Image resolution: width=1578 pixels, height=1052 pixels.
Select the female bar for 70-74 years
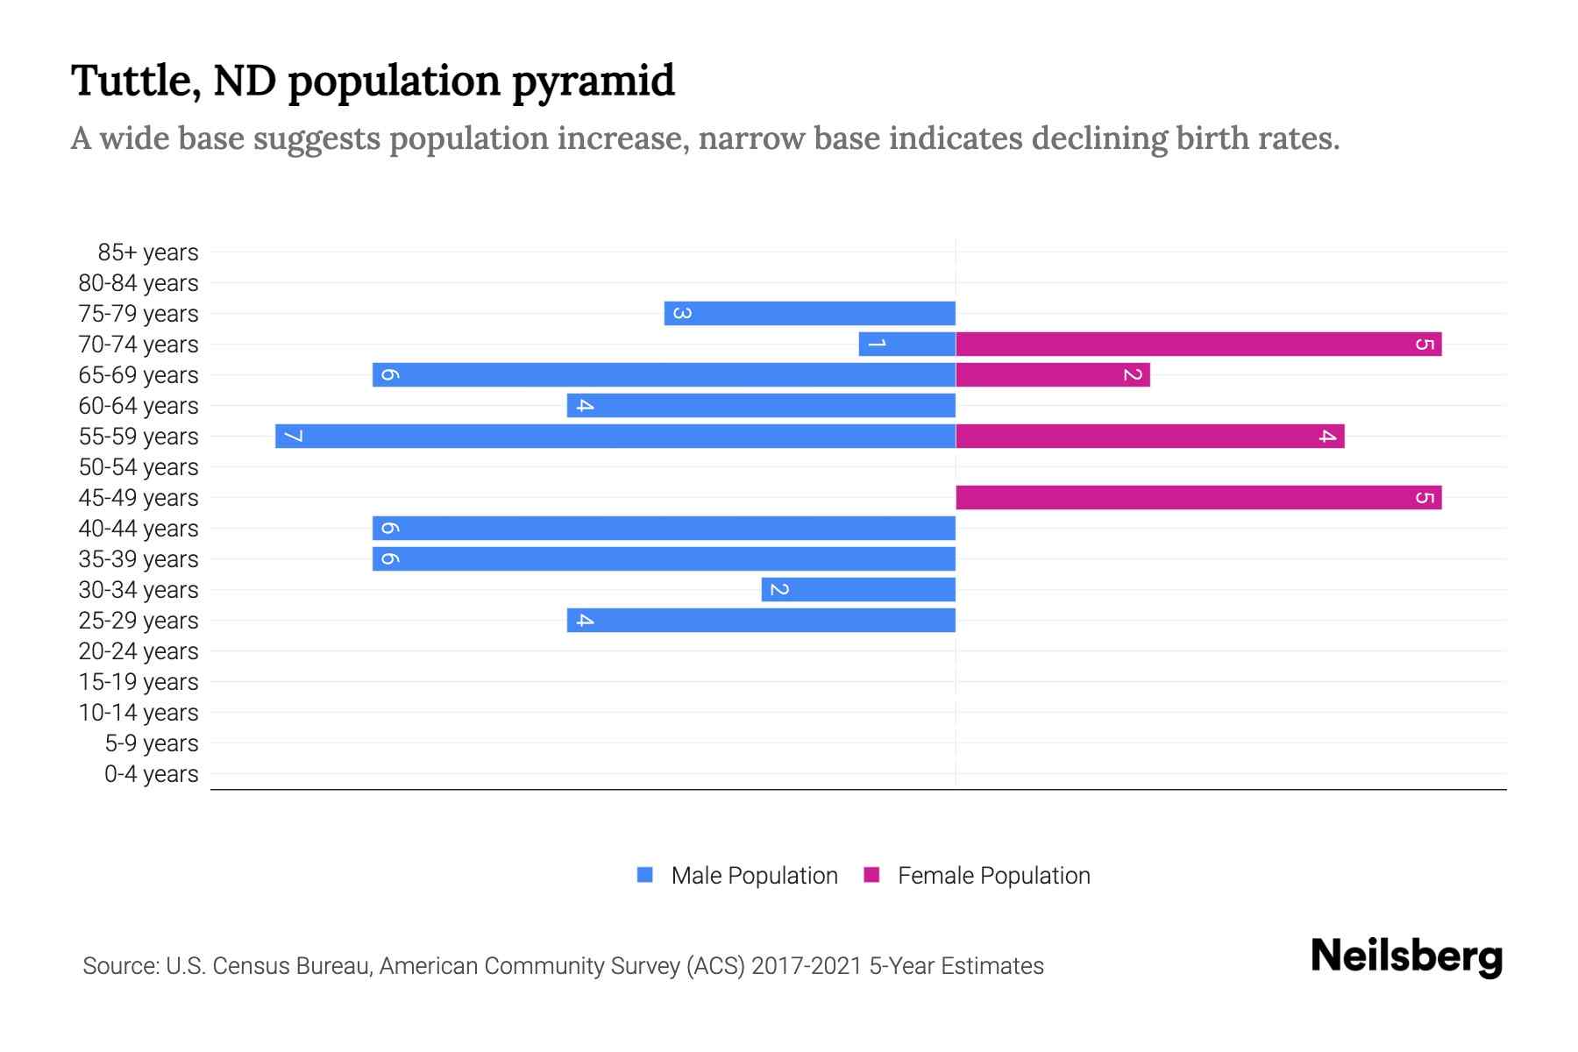coord(1198,344)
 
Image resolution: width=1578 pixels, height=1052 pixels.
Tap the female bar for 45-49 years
coord(1198,497)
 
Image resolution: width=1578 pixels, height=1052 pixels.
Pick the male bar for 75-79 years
coord(809,313)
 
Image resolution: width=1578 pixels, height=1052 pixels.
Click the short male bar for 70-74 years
coord(907,344)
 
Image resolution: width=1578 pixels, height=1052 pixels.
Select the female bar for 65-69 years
coord(1052,374)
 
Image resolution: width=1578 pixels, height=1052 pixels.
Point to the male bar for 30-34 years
coord(858,589)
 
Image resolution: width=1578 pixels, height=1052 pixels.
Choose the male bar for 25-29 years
coord(761,620)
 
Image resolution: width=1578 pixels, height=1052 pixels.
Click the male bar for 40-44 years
coord(664,528)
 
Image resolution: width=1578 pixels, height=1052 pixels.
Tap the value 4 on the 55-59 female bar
coord(1327,436)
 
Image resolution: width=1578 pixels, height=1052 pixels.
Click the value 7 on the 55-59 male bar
coord(294,436)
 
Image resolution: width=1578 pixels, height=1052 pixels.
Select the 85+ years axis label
coord(148,252)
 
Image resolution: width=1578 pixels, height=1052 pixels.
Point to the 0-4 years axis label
coord(151,774)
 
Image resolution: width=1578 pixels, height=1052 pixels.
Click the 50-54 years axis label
coord(139,467)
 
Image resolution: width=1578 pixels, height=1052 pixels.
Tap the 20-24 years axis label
coord(139,651)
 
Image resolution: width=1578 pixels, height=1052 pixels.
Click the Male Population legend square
coord(645,875)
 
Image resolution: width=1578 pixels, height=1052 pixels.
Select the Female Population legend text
coord(993,875)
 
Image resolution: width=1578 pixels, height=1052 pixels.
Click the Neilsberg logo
coord(1406,956)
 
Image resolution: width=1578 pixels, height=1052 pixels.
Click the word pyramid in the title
coord(593,82)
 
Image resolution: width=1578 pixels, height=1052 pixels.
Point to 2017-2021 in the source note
coord(807,966)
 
